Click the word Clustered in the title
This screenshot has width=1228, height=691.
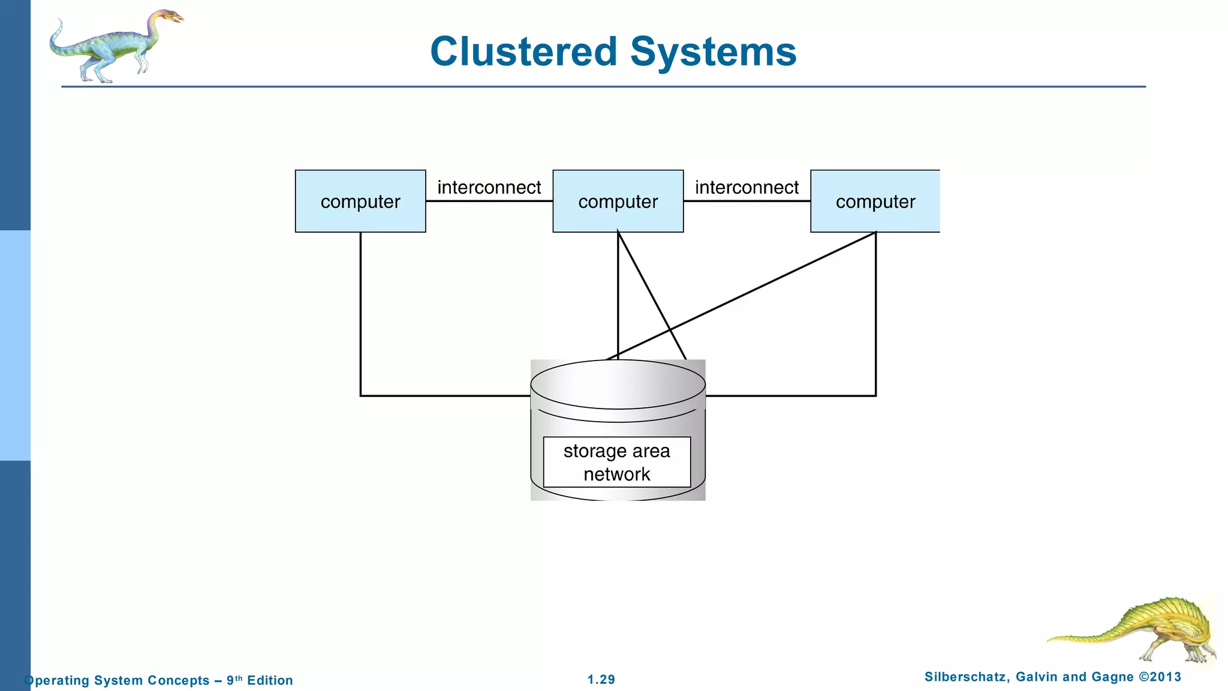[x=523, y=52]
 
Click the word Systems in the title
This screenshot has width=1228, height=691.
[x=713, y=52]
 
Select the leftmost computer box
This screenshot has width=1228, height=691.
[x=360, y=202]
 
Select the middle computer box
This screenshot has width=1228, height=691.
[x=618, y=202]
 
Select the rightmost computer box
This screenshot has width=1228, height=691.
[x=875, y=202]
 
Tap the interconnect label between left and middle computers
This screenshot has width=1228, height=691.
[x=489, y=187]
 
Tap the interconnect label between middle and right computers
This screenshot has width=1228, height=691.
[x=747, y=187]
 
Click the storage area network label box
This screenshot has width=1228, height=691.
[x=616, y=462]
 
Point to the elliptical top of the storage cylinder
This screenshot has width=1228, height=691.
[x=618, y=384]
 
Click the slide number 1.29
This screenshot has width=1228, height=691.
[x=601, y=680]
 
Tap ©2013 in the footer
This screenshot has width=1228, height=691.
[x=1160, y=677]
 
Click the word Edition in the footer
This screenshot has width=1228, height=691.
[x=270, y=680]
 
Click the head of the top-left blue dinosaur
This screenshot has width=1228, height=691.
[x=170, y=16]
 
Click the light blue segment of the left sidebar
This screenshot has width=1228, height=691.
[x=15, y=345]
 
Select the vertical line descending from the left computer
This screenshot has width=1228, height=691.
[x=360, y=312]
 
